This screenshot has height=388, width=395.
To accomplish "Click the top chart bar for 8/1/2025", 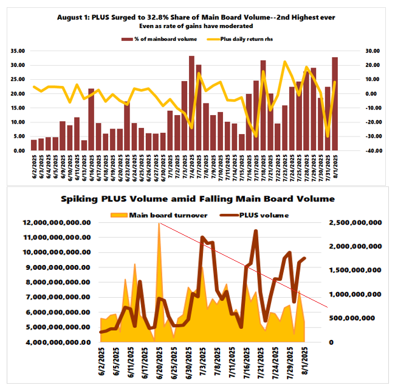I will click(335, 104).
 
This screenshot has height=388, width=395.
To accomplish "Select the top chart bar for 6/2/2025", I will click(34, 145).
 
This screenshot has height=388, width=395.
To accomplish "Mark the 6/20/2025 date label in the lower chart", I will click(160, 363).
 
